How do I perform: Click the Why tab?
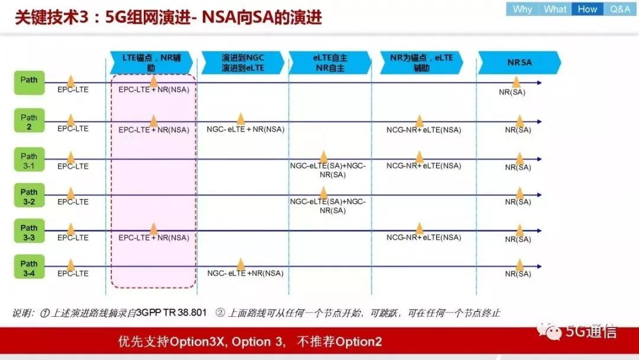pos(522,9)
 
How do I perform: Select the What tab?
pos(555,9)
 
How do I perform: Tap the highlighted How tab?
pos(588,9)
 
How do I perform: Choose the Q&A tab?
pos(620,9)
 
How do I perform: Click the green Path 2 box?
pos(30,121)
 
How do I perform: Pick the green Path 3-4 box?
pos(30,267)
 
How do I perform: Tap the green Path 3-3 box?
pos(30,231)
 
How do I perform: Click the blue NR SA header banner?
pos(519,62)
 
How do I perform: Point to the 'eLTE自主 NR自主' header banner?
pos(330,62)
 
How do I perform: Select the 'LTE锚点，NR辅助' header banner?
pos(151,62)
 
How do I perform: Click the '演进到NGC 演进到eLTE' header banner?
pos(243,62)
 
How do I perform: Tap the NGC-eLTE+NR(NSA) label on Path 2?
pos(246,129)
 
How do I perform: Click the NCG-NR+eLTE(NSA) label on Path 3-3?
pos(424,237)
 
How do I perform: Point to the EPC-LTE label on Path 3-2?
pos(73,202)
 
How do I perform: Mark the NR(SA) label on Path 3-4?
pos(518,274)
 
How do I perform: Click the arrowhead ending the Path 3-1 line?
pos(540,159)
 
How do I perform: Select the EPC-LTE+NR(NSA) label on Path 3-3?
pos(154,237)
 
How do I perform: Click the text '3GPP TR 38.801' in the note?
pos(171,313)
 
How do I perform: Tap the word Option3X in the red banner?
pos(197,342)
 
